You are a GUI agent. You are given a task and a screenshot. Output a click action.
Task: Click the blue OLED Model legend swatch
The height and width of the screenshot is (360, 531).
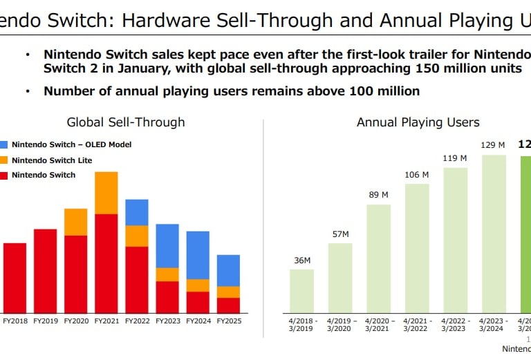4,144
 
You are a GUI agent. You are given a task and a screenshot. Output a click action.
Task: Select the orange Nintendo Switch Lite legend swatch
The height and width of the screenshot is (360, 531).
4,160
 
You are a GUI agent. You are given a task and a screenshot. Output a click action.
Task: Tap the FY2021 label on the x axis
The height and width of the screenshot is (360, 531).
106,321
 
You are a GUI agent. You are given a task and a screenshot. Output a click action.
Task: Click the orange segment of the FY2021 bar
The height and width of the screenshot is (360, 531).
106,193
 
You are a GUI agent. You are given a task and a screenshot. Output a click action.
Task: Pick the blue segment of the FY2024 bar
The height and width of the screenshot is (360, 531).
198,255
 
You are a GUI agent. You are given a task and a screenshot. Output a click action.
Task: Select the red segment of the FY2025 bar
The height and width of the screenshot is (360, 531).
228,305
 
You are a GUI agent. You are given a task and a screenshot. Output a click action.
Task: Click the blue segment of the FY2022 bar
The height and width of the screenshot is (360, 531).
137,212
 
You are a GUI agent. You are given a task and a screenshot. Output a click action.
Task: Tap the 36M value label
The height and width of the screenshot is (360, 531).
301,260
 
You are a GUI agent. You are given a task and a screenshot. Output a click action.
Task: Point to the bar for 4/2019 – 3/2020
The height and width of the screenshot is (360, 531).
340,278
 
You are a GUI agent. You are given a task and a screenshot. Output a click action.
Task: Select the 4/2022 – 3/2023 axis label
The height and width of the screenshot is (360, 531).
455,325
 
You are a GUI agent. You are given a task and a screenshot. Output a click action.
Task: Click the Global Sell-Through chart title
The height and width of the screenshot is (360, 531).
126,122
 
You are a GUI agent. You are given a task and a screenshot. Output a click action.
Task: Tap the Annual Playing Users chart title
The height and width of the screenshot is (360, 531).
418,122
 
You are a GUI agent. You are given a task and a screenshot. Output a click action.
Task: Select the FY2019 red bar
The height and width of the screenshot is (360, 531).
45,271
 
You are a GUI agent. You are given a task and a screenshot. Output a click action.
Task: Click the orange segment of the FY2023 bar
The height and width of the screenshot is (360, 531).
167,274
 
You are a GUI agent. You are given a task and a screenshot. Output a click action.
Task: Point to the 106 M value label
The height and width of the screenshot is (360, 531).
417,175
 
